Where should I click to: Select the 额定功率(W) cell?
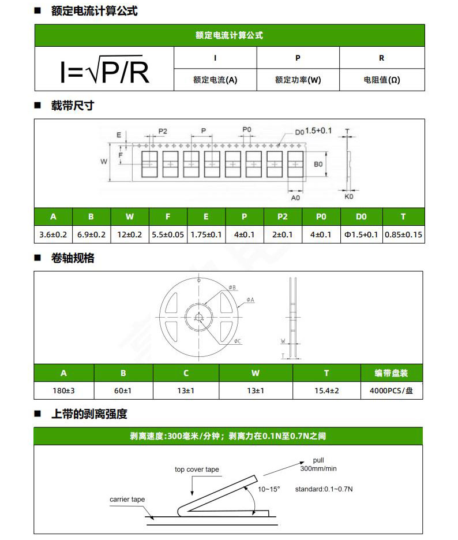(298, 80)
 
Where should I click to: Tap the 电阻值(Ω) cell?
(381, 80)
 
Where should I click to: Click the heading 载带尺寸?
(72, 106)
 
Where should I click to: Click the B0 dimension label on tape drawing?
(318, 164)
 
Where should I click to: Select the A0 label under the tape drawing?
(295, 198)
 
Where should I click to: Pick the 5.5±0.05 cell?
(168, 234)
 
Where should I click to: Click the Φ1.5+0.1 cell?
(361, 234)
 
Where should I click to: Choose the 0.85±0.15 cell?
(403, 234)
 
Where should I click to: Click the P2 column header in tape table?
(282, 217)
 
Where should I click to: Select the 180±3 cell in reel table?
(63, 390)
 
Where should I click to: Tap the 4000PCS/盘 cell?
(392, 390)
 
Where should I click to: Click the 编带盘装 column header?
(392, 373)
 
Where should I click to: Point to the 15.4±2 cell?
(326, 390)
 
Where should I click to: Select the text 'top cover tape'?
(197, 470)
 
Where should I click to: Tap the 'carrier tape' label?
(127, 499)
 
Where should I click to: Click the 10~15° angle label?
(269, 489)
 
